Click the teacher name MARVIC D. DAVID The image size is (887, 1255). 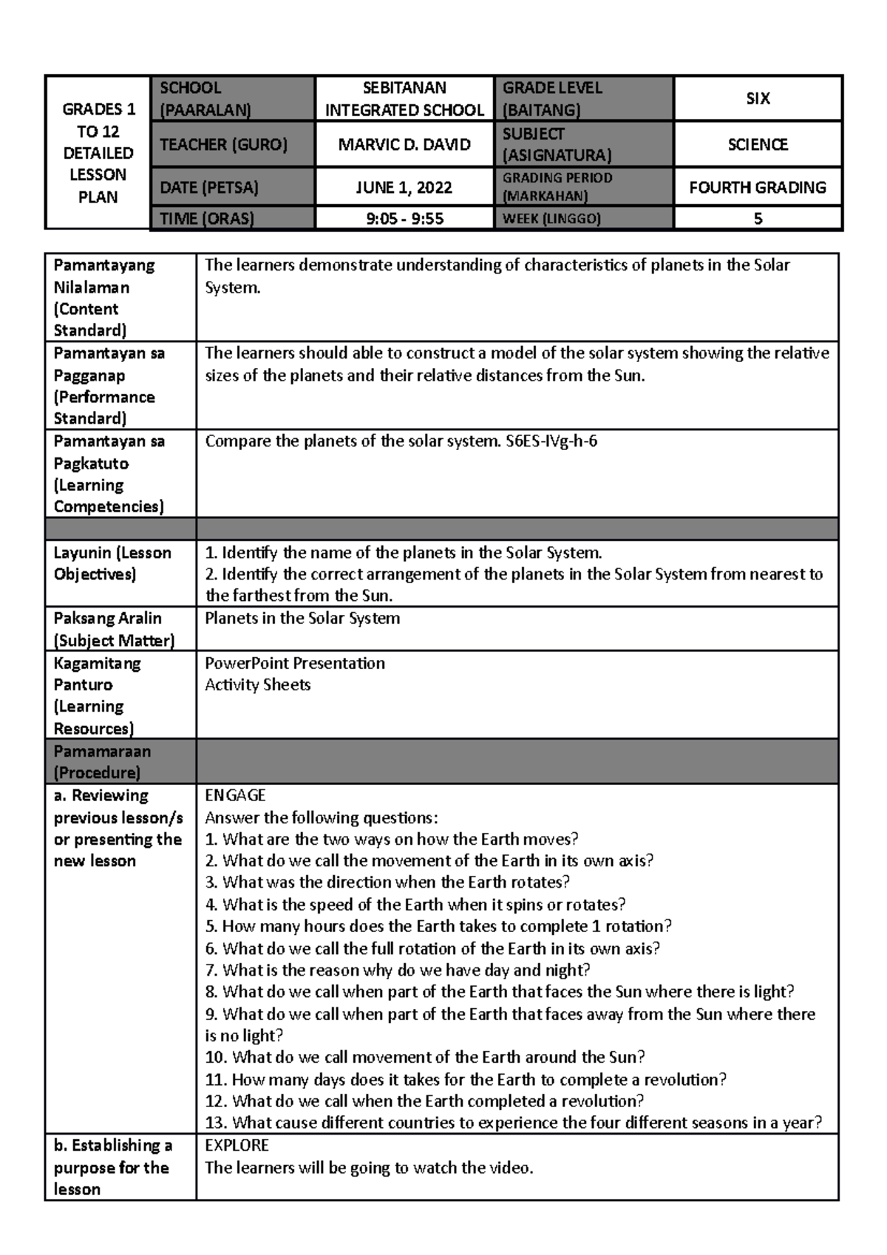coord(404,145)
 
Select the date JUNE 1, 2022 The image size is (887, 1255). coord(404,188)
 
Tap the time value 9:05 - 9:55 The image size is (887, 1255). coord(404,219)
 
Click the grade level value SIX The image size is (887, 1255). coord(758,99)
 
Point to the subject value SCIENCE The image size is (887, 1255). coord(758,145)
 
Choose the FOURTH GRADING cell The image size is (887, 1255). coord(758,188)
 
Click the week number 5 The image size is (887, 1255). coord(758,219)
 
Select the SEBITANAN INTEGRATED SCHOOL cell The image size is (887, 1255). coord(404,99)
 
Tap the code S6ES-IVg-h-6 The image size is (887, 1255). coord(551,442)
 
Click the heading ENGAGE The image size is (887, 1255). coord(235,796)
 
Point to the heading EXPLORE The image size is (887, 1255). coord(237,1146)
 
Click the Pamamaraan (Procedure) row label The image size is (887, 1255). coord(101,762)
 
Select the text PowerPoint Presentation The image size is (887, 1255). coord(294,664)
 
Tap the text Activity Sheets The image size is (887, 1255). coord(257,685)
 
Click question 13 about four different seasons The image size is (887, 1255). coord(513,1123)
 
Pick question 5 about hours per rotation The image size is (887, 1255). coord(438,927)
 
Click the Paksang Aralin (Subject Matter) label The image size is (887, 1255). coord(114,629)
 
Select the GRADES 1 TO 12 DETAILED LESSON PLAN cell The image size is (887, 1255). coord(98,153)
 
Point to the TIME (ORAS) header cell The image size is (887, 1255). coord(207,219)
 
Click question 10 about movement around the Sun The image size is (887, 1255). coord(425,1058)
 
